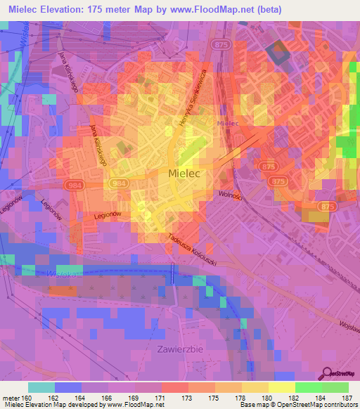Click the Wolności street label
coord(230,195)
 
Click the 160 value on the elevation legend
coord(28,398)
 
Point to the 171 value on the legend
coord(161,398)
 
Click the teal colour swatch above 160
coord(41,387)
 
